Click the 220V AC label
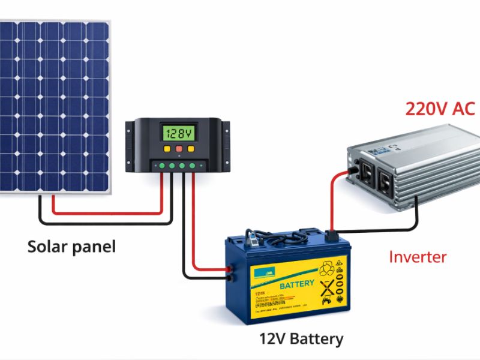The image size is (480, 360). (440, 109)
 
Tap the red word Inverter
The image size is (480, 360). (418, 257)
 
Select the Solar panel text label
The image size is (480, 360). (71, 246)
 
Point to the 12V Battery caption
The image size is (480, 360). (301, 339)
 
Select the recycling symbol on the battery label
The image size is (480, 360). (328, 266)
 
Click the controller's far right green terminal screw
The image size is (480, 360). (193, 165)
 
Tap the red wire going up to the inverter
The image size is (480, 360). (330, 198)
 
